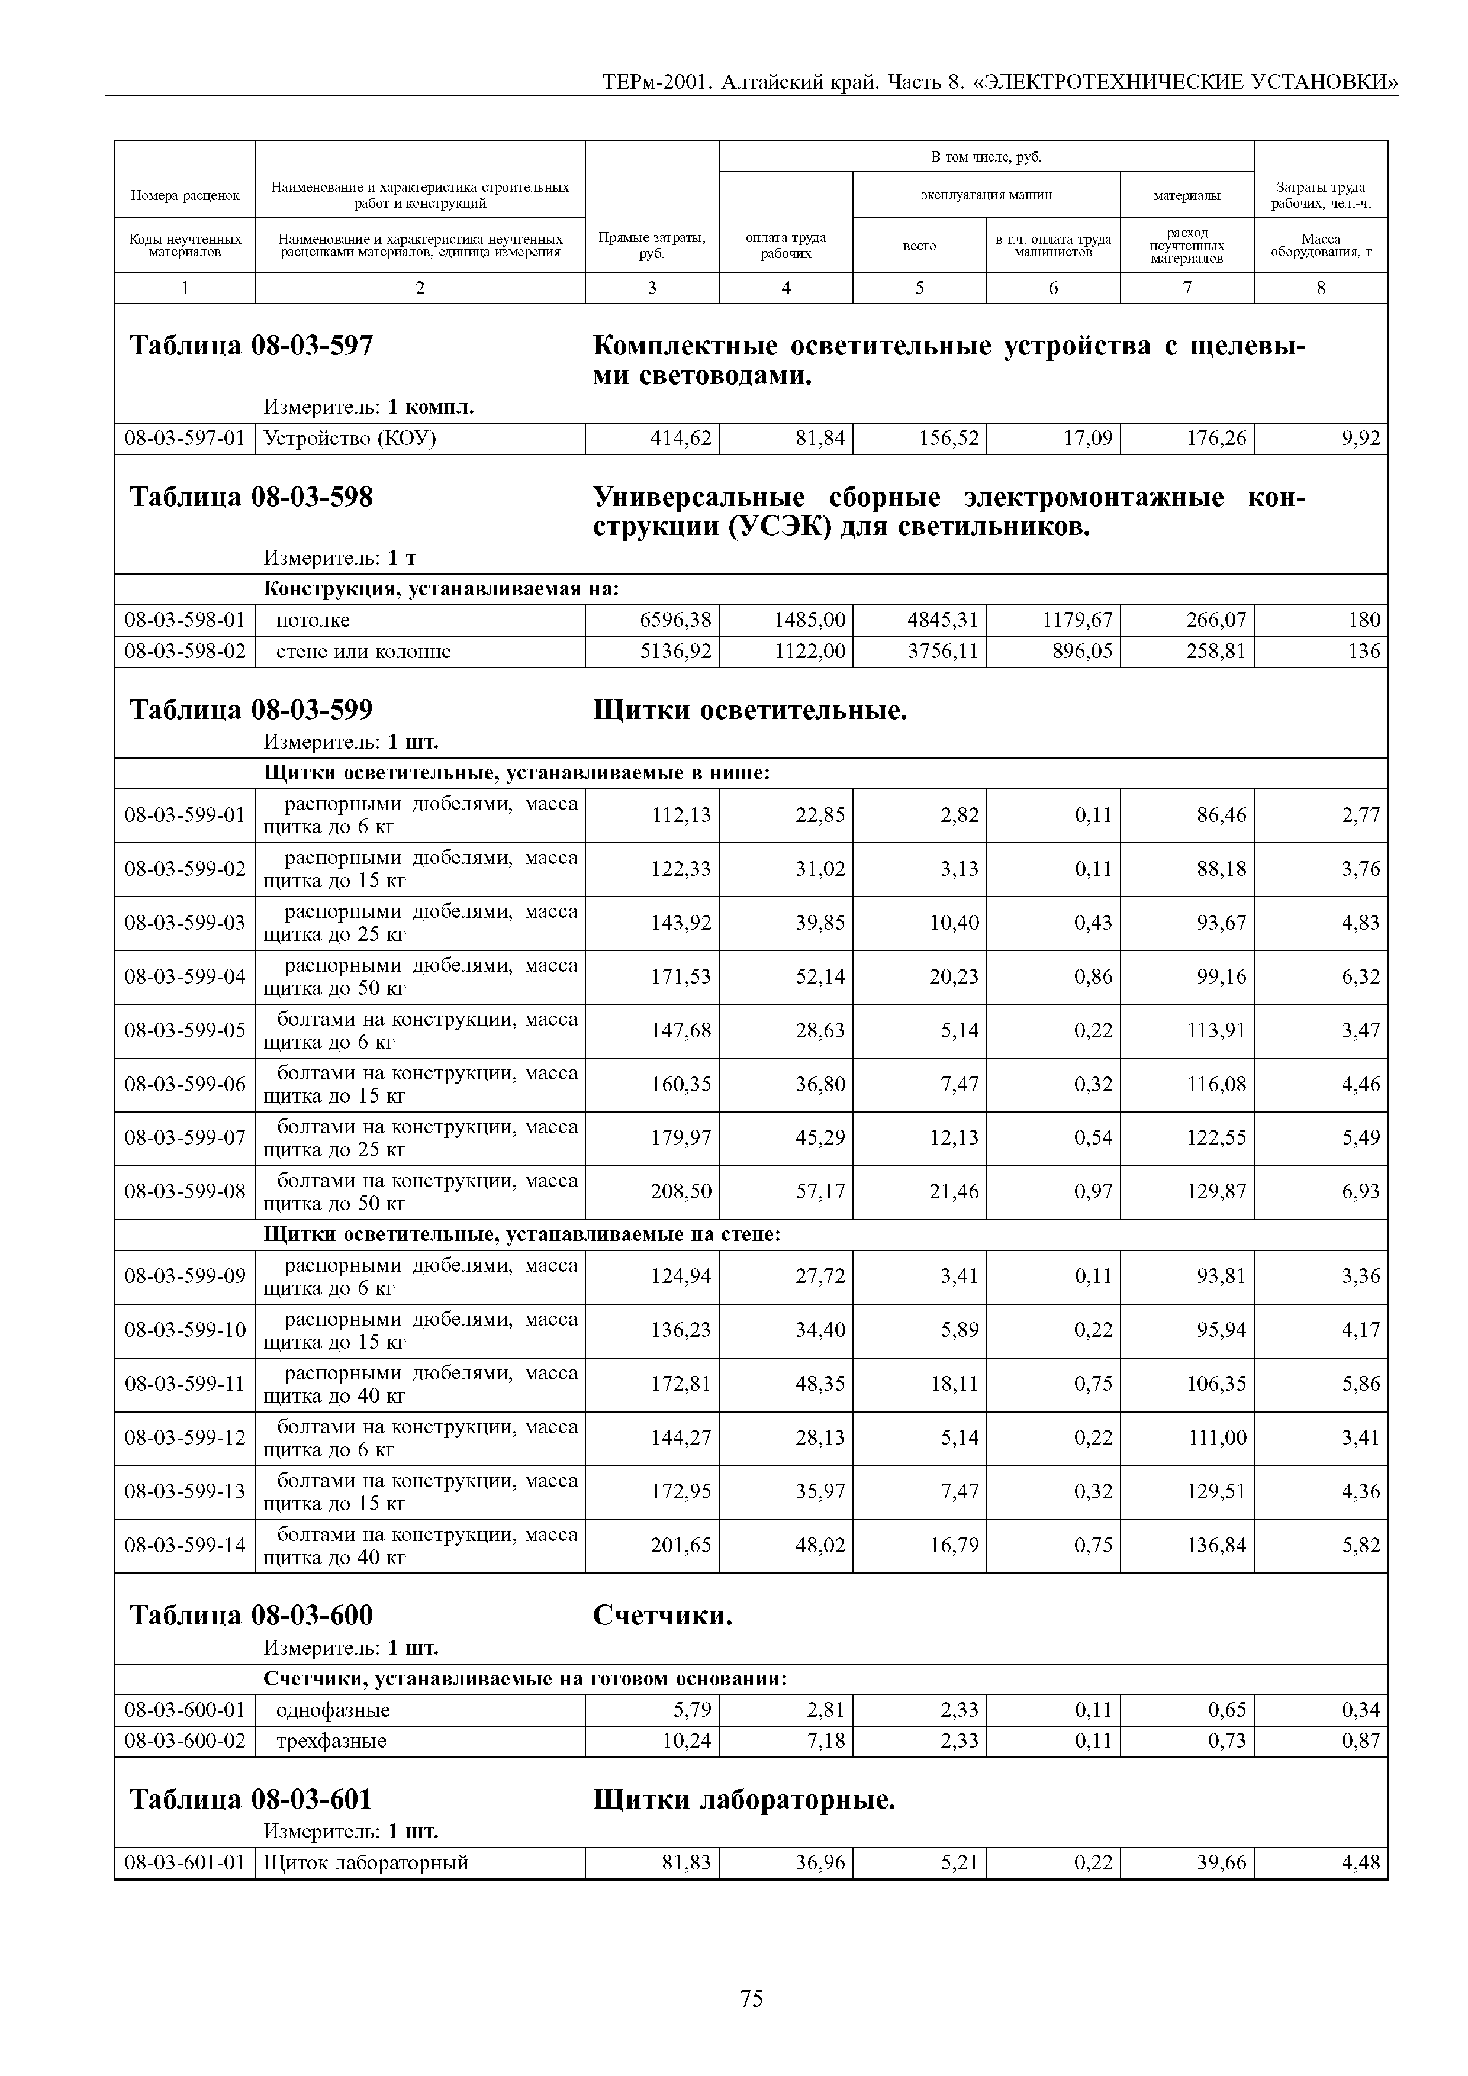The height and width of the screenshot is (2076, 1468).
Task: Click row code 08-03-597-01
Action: point(185,439)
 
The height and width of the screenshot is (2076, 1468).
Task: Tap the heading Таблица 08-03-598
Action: point(252,497)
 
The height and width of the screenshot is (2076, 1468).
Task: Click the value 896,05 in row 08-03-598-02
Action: point(1082,651)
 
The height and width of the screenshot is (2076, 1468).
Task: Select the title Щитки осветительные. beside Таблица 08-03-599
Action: point(750,711)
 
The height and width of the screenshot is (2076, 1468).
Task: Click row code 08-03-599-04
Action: point(185,976)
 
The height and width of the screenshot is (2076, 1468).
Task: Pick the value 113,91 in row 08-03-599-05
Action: point(1216,1030)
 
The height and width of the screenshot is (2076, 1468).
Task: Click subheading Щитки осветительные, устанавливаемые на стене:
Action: point(521,1234)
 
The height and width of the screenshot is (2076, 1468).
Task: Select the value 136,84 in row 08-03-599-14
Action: point(1216,1545)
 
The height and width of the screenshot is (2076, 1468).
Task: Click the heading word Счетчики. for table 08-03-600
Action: point(662,1615)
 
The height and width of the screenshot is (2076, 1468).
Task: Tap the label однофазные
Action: point(333,1710)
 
